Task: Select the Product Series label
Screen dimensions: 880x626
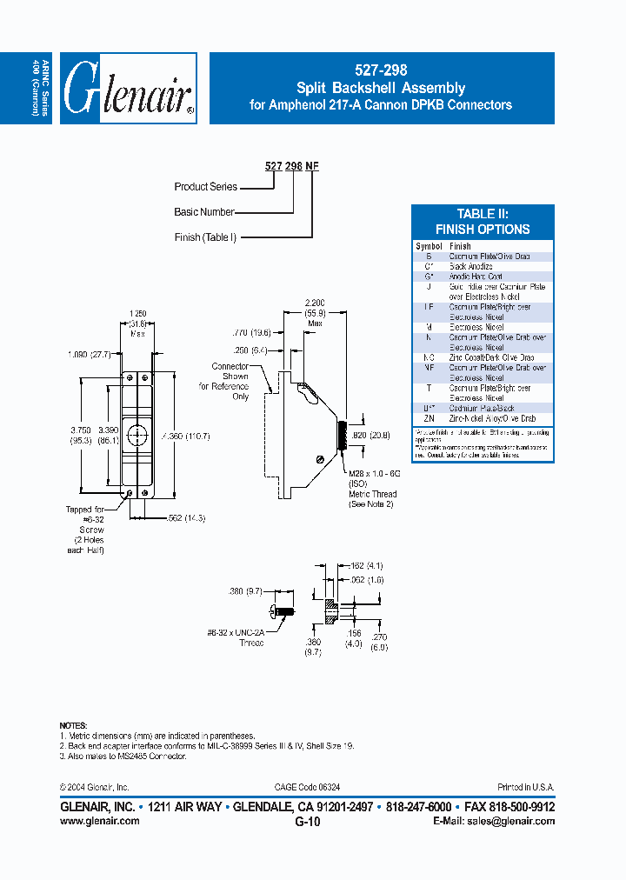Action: (205, 186)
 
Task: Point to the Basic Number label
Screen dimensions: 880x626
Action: (204, 211)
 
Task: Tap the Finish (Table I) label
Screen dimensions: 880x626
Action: (205, 237)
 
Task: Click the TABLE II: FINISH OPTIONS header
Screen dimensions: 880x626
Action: (482, 222)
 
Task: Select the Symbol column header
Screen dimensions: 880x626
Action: (429, 246)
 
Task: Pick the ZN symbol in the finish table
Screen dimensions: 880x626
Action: (429, 418)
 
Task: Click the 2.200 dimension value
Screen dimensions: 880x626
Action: (315, 303)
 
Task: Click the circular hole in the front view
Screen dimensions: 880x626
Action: (138, 434)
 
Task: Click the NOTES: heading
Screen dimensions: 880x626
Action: (73, 724)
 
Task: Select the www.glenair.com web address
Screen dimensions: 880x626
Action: (99, 820)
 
